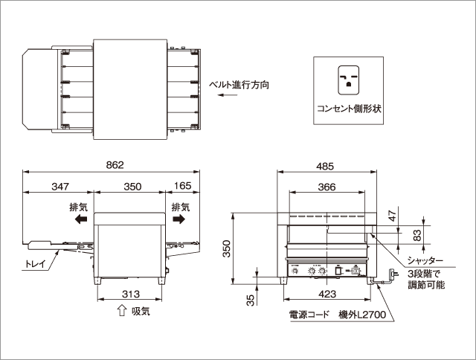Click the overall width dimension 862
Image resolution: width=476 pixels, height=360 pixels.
click(x=114, y=164)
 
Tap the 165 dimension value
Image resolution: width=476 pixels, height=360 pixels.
click(x=181, y=187)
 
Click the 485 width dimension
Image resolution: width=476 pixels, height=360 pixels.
click(x=325, y=164)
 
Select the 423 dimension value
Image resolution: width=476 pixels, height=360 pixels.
click(x=325, y=294)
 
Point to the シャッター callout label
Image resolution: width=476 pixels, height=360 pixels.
click(x=425, y=262)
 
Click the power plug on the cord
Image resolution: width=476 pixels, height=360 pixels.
click(x=390, y=282)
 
